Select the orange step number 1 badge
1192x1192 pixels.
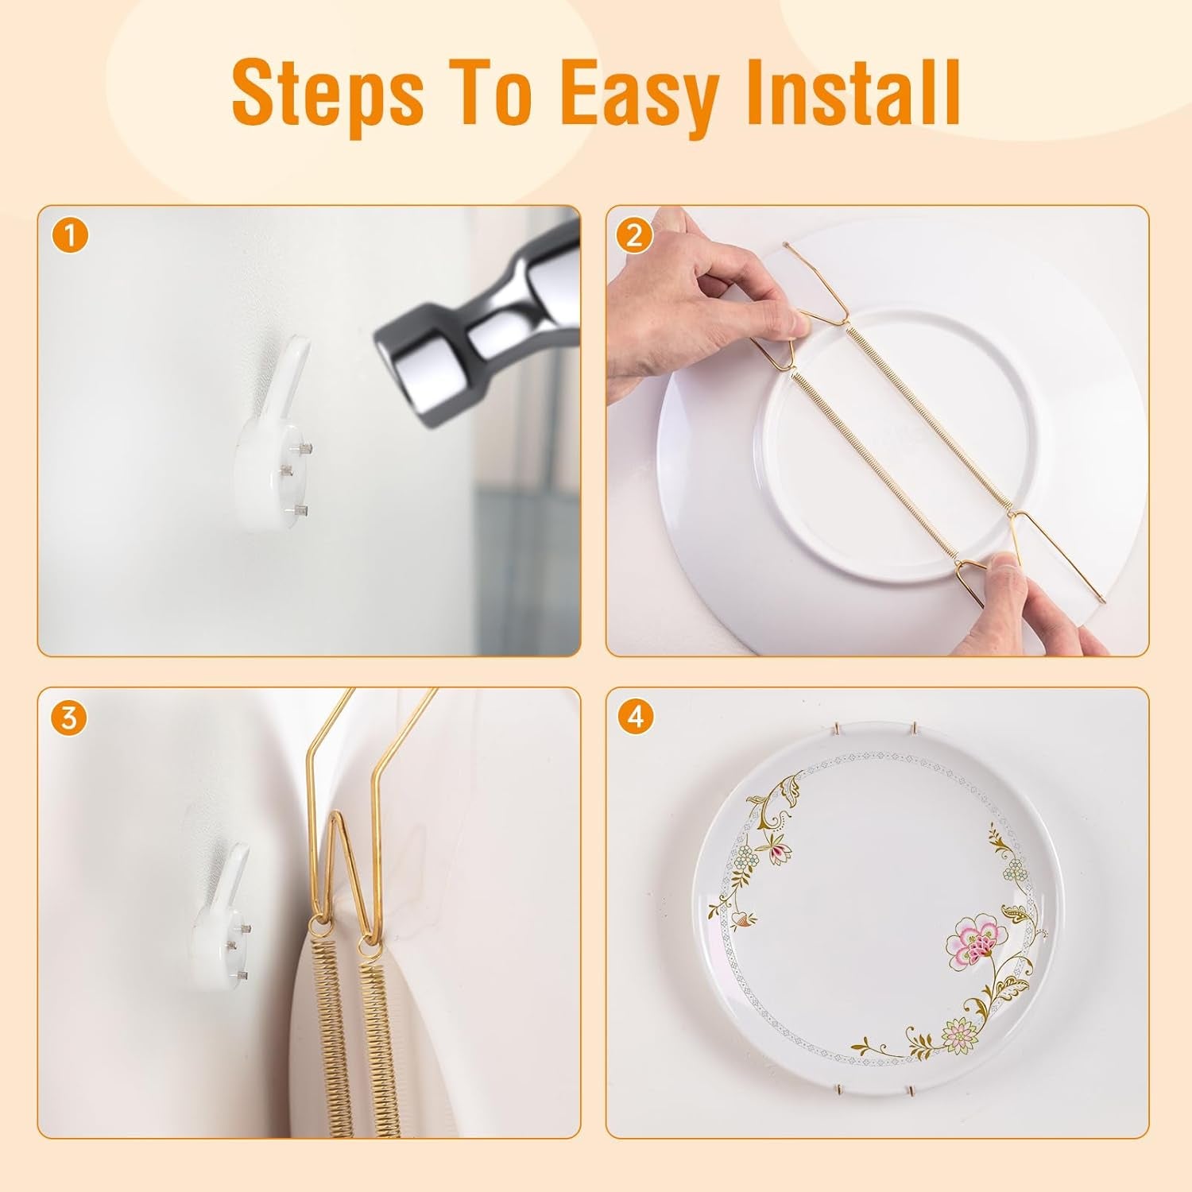coord(70,237)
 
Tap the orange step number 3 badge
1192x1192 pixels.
coord(70,718)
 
